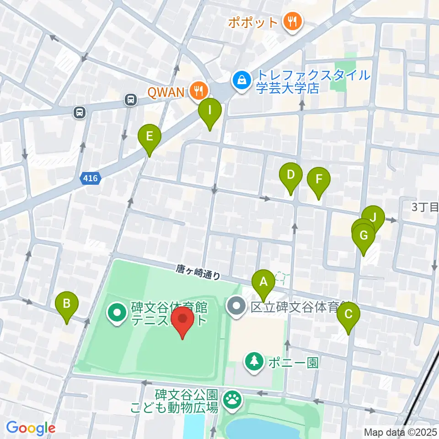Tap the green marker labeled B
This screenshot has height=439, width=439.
coord(67,303)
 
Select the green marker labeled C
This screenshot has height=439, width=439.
coord(348,314)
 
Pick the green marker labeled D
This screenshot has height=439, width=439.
coord(291,175)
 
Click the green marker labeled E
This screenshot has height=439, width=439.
coord(150,136)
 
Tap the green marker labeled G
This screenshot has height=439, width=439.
coord(364,236)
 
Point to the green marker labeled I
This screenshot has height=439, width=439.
coord(210,110)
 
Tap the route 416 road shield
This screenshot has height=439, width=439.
coord(91,178)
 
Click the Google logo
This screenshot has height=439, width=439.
coord(31,428)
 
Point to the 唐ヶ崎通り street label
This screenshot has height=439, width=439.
coord(198,273)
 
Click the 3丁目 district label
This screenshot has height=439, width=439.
coord(424,207)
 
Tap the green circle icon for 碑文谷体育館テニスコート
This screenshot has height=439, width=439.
coord(117,313)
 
